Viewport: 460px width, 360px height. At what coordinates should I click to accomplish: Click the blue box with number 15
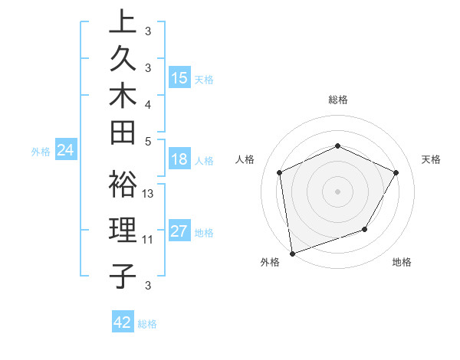point(179,78)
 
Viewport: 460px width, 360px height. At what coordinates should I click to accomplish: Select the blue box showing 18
point(179,160)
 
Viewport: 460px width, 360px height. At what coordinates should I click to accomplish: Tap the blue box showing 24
point(66,151)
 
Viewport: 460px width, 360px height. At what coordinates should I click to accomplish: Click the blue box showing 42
point(123,322)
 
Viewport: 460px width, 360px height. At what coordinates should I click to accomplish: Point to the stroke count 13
point(148,194)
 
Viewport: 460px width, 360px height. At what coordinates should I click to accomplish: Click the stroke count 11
point(148,239)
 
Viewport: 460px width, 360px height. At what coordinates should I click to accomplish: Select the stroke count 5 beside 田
point(148,141)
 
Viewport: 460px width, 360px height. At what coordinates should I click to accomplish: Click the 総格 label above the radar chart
point(338,100)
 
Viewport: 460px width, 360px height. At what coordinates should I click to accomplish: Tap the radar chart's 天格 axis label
point(431,159)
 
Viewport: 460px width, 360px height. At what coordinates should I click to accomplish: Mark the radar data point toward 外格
point(291,254)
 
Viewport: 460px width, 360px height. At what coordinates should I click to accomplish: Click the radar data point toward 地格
point(365,229)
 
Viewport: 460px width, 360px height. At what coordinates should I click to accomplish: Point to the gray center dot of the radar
point(338,191)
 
